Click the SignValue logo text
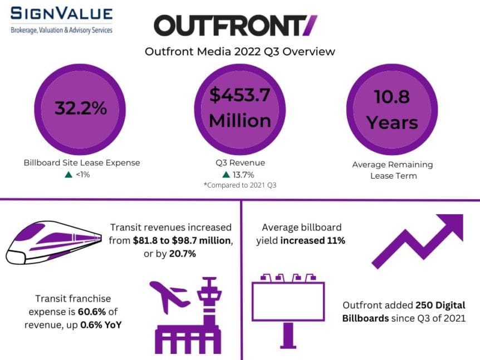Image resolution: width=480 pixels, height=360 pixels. pos(61,14)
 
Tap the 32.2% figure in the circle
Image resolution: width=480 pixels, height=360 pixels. pos(80,108)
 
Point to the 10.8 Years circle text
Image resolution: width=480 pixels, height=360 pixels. pos(392,109)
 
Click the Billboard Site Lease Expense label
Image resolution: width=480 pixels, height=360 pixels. pos(82,162)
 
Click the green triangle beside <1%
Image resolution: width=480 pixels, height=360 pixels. pos(68,175)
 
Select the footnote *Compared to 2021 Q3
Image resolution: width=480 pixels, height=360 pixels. pos(240,185)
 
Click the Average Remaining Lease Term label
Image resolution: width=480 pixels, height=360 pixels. pos(392,170)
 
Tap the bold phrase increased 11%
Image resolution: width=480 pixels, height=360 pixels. pos(312,240)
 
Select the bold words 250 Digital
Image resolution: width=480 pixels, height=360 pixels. pos(440,305)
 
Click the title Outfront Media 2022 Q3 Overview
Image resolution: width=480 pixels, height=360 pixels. pos(240,51)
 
